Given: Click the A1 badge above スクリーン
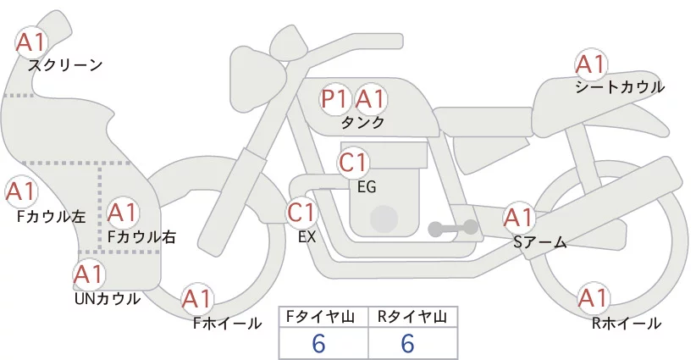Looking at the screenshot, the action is tap(31, 42).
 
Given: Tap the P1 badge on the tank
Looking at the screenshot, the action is tap(334, 98).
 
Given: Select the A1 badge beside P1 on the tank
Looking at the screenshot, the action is tap(370, 98).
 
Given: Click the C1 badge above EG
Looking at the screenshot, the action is tap(353, 163).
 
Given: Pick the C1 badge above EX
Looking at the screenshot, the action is tap(301, 212).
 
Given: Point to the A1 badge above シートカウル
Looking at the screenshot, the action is tap(591, 64).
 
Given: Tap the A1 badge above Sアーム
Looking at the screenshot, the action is tap(518, 218).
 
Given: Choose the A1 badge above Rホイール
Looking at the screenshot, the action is tap(593, 298).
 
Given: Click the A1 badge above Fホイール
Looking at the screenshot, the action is tap(196, 299).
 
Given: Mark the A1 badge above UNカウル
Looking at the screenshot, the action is tap(89, 274).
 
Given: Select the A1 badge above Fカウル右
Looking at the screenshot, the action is tap(123, 213).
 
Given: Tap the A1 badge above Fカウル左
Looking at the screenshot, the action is tap(20, 191).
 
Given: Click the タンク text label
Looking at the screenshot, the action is tap(362, 122).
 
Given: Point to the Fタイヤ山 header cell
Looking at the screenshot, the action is tap(323, 317).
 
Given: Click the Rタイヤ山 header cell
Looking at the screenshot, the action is tap(413, 317).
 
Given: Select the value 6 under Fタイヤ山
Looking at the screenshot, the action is tap(318, 343).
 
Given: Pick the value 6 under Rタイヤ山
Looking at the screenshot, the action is tap(407, 343).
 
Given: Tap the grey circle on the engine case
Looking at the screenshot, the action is tap(384, 219).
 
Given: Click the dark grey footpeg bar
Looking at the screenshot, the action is tap(453, 228).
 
